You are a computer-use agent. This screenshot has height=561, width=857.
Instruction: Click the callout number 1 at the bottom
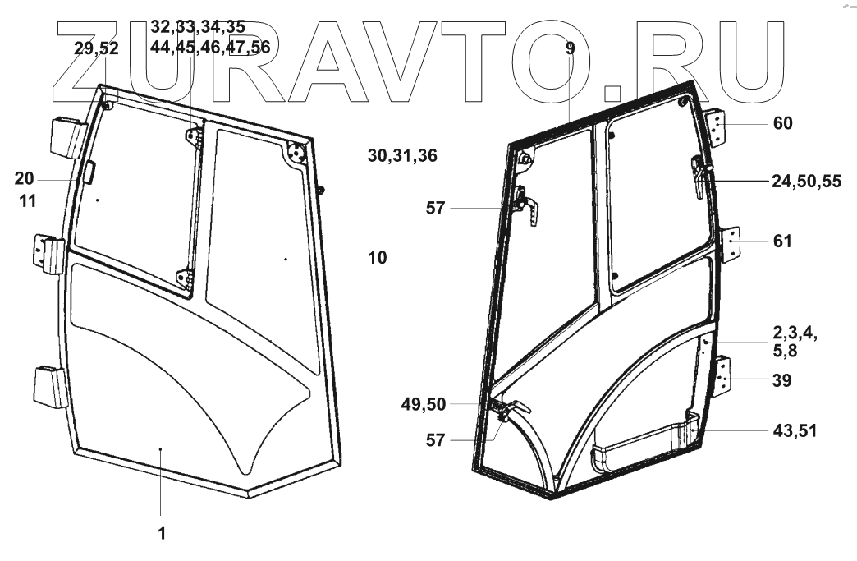point(162,532)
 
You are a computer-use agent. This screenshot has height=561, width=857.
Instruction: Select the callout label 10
point(377,258)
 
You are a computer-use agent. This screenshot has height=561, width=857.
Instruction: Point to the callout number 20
point(24,177)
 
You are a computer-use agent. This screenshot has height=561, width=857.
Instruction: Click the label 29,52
point(96,49)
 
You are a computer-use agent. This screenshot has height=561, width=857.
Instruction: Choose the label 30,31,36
point(401,155)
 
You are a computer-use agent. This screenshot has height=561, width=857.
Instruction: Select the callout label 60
point(782,124)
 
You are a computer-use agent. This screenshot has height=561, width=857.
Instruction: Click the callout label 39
point(782,381)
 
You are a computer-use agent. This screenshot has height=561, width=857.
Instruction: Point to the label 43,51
point(793,430)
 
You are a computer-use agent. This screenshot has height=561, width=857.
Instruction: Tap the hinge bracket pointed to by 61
point(730,244)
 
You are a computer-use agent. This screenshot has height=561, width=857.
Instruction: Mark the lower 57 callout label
point(434,440)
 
